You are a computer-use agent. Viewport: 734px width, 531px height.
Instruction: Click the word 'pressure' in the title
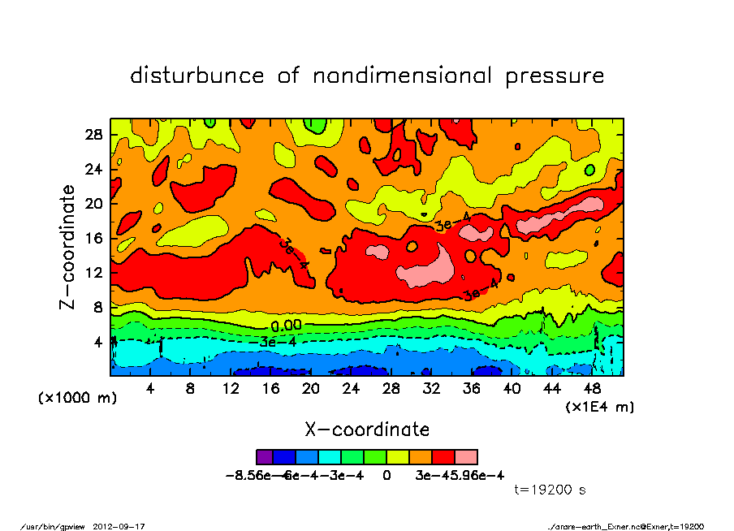(x=555, y=76)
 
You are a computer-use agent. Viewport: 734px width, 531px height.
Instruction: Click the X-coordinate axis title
(x=367, y=429)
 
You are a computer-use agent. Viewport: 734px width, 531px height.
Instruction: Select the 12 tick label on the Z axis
(x=94, y=273)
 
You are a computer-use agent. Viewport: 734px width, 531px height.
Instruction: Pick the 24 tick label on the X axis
(x=351, y=389)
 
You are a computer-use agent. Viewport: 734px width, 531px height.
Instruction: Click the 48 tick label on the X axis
(x=593, y=389)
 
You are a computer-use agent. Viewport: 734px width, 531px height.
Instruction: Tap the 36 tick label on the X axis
(x=472, y=389)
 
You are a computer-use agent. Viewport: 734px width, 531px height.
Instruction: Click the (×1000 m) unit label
(x=72, y=399)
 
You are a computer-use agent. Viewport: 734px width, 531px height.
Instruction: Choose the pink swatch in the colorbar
(x=466, y=457)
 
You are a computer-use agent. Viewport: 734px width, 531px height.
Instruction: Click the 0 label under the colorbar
(x=386, y=476)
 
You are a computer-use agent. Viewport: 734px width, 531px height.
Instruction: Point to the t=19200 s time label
(x=550, y=490)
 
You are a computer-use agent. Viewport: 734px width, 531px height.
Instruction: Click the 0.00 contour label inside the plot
(x=286, y=326)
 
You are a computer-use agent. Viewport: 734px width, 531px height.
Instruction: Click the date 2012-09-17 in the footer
(x=125, y=526)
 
